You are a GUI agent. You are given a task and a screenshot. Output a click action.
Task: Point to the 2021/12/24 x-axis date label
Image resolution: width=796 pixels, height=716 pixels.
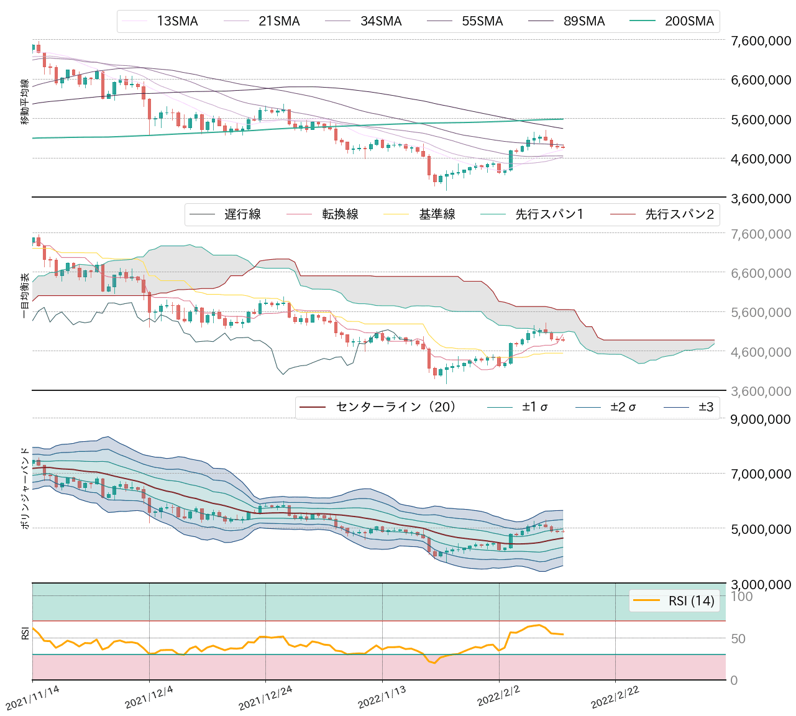(265, 698)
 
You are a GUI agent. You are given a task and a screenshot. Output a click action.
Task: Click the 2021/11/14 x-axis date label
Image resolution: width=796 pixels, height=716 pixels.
(32, 698)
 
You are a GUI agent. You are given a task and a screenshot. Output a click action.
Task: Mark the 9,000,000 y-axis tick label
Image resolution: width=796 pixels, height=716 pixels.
(761, 420)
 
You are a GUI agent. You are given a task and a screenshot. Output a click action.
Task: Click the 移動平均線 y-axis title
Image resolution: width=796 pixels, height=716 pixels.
(25, 102)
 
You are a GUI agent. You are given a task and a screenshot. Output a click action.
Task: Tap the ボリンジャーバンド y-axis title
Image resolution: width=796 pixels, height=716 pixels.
(25, 488)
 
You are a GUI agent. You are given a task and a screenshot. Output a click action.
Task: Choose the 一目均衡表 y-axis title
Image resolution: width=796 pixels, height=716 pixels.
(25, 296)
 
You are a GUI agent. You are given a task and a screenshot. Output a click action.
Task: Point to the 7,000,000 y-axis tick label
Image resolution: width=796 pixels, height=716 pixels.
(761, 474)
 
